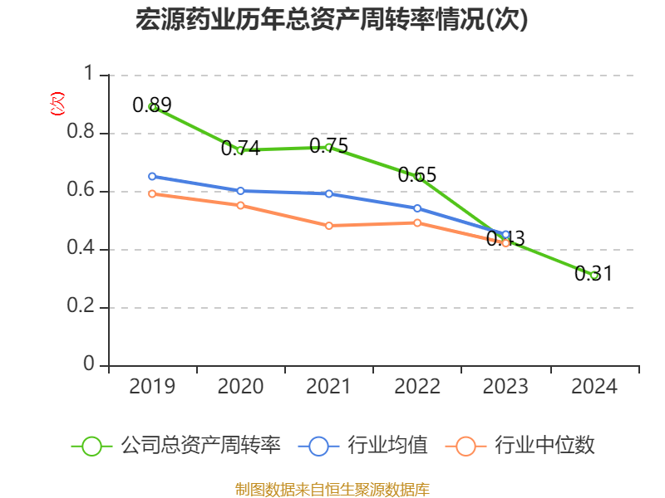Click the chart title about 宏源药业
(332, 21)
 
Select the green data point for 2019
(152, 107)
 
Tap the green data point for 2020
(240, 150)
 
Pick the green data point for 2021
(328, 147)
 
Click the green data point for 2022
(417, 177)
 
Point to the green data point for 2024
(594, 275)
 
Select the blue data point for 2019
(152, 176)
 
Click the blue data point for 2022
(417, 208)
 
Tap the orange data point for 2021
(328, 226)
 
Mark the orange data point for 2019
(152, 193)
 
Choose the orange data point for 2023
(505, 243)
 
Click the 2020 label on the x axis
(240, 387)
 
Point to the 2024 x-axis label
(594, 387)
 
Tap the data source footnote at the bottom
(332, 489)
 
